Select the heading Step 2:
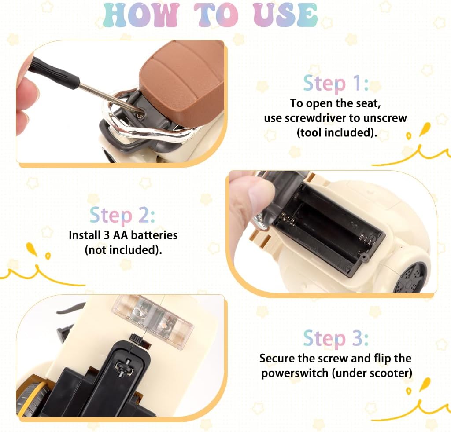(x=122, y=216)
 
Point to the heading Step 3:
(x=336, y=338)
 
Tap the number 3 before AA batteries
(x=107, y=235)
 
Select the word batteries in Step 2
(x=154, y=235)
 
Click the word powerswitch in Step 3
(x=294, y=373)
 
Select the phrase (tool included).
(x=337, y=133)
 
